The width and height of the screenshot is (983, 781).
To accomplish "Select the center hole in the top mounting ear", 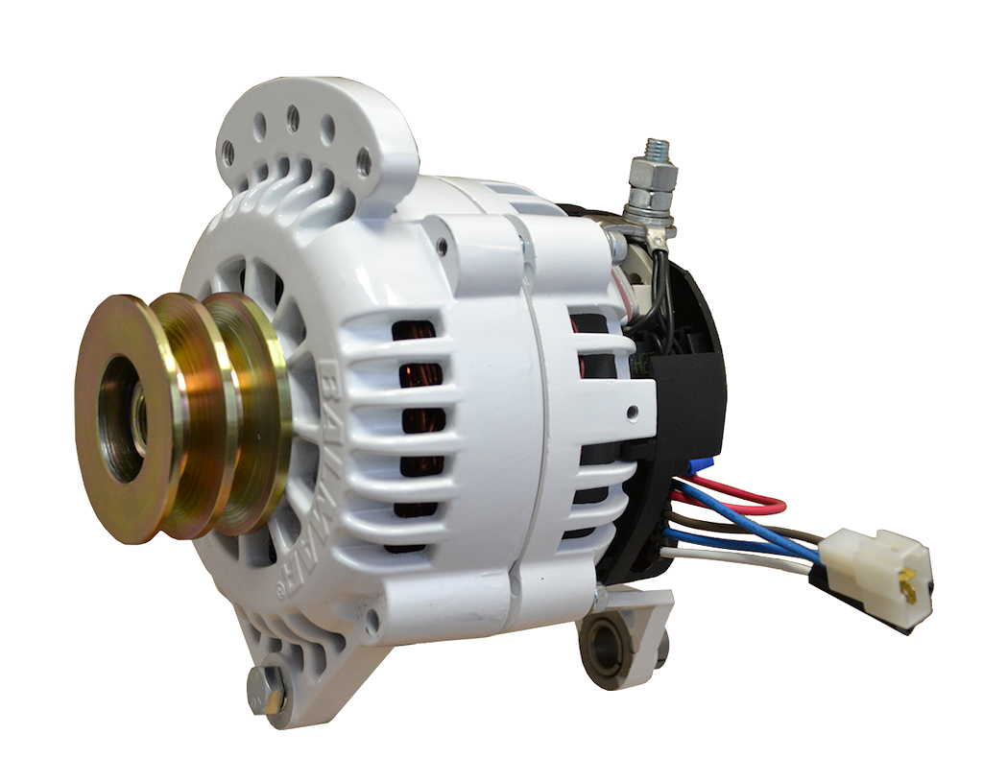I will point(294,118).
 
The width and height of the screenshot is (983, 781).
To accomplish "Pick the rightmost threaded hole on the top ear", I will point(363,162).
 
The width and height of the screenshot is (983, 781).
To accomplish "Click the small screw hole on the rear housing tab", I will point(633,414).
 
